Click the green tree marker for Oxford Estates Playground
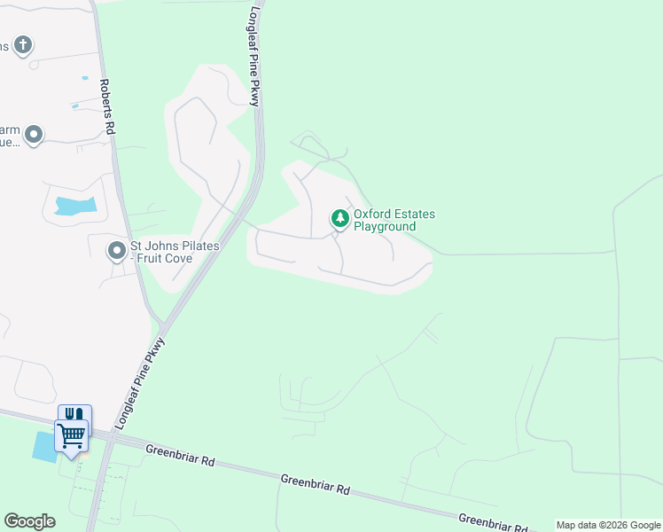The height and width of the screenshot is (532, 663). click(339, 217)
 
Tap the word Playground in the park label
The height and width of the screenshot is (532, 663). click(385, 227)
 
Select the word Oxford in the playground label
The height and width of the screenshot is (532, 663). click(370, 215)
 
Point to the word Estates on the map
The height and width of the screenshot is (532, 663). click(413, 215)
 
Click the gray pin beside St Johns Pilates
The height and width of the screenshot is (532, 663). click(116, 251)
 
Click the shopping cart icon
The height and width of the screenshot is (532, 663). click(71, 435)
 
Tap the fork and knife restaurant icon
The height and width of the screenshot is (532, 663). click(74, 414)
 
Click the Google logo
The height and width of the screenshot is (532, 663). click(29, 520)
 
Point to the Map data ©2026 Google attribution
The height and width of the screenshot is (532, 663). click(608, 525)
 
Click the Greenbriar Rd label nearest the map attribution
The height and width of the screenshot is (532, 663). click(493, 520)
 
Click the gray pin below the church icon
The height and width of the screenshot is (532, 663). click(34, 135)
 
